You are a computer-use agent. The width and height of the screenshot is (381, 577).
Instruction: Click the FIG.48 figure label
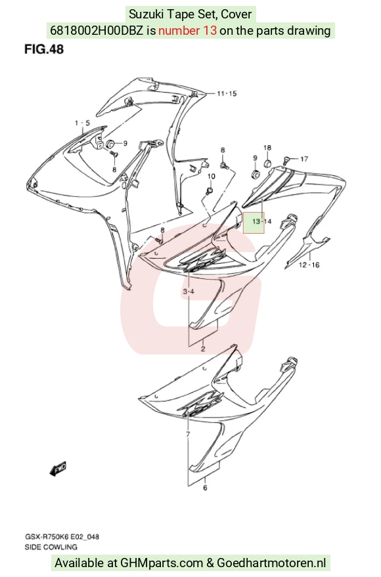(x=44, y=49)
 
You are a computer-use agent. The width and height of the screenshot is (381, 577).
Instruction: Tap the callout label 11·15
(x=227, y=93)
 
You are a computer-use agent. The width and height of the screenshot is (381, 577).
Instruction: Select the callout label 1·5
(x=83, y=123)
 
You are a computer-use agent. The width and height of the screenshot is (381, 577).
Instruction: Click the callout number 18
(x=267, y=148)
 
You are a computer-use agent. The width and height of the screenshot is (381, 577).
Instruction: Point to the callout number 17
(x=304, y=159)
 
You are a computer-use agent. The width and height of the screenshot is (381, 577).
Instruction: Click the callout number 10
(x=211, y=177)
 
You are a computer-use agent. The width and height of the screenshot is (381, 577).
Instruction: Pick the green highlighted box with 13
(x=254, y=223)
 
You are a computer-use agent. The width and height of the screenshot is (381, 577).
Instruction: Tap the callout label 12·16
(x=309, y=265)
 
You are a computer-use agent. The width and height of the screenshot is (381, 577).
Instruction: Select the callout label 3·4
(x=189, y=292)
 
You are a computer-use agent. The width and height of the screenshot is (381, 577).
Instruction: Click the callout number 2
(x=203, y=349)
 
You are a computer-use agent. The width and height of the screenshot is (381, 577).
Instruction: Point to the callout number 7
(x=188, y=435)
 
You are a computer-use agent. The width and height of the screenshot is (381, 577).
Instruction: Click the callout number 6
(x=205, y=488)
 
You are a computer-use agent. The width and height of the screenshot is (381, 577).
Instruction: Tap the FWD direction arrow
(x=58, y=469)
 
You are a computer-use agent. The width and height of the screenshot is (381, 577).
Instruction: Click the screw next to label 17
(x=286, y=160)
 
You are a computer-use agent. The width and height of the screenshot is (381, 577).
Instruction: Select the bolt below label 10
(x=210, y=190)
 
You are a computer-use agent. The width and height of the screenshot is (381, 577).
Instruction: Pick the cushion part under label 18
(x=268, y=163)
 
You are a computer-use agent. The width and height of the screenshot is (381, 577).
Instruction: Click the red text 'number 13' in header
(x=187, y=30)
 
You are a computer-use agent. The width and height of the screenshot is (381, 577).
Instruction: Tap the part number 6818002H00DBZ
(x=96, y=30)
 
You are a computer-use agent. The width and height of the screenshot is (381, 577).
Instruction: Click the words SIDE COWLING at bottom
(x=51, y=547)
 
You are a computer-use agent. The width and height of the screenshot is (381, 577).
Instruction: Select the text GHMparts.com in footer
(x=162, y=563)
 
